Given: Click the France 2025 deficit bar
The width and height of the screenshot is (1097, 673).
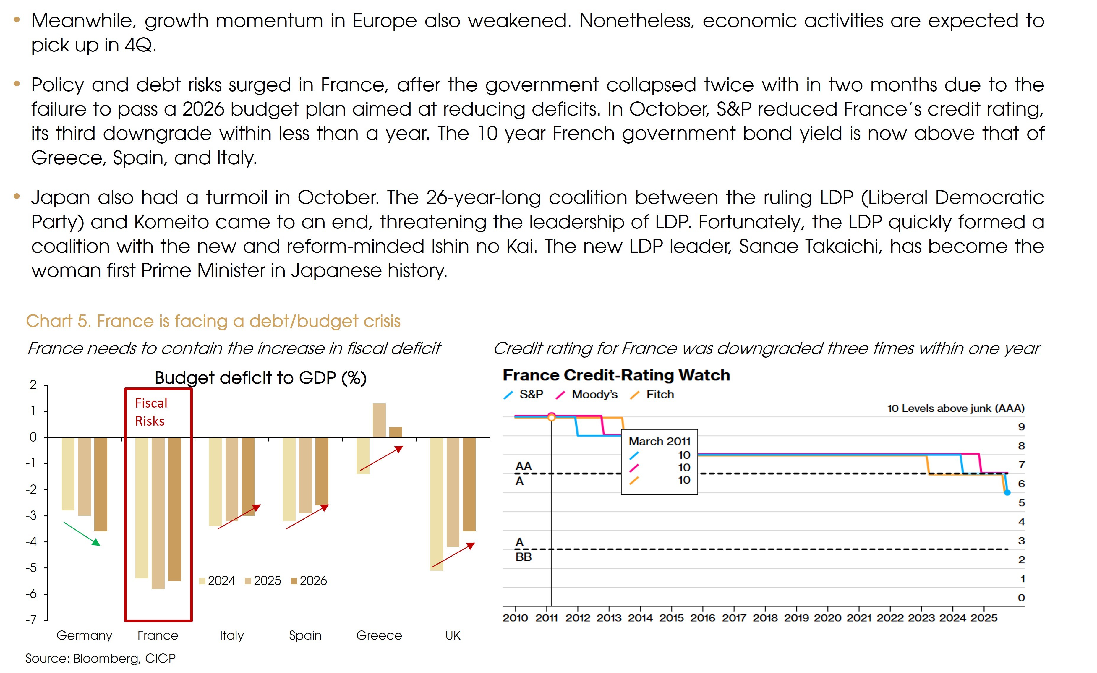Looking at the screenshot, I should tap(158, 512).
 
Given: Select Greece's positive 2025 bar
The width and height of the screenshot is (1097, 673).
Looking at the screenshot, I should tap(379, 420).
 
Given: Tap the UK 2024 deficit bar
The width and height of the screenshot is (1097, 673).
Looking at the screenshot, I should tap(436, 503).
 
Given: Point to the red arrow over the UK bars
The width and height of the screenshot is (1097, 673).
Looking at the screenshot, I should tap(453, 555).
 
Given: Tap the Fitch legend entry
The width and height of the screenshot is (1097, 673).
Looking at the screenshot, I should tap(660, 394).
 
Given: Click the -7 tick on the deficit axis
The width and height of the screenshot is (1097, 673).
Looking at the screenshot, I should tap(31, 620).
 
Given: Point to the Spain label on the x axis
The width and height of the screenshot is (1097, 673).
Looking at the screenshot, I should tap(305, 635).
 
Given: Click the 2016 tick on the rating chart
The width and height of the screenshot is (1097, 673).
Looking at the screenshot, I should tap(703, 618).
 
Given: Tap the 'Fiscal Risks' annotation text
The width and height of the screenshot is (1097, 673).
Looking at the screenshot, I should tap(151, 412).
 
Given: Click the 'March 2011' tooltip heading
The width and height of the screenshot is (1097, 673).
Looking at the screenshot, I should tap(660, 441).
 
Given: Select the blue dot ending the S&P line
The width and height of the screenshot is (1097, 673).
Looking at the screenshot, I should tap(1007, 492).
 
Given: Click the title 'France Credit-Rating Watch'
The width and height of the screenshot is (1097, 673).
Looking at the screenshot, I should tap(616, 375).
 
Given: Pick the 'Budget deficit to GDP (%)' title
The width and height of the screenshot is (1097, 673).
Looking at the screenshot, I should tap(260, 378).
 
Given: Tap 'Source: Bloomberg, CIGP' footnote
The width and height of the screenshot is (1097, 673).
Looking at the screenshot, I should tap(101, 658).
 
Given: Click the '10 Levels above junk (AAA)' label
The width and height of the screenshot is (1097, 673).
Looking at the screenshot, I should tap(955, 408).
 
